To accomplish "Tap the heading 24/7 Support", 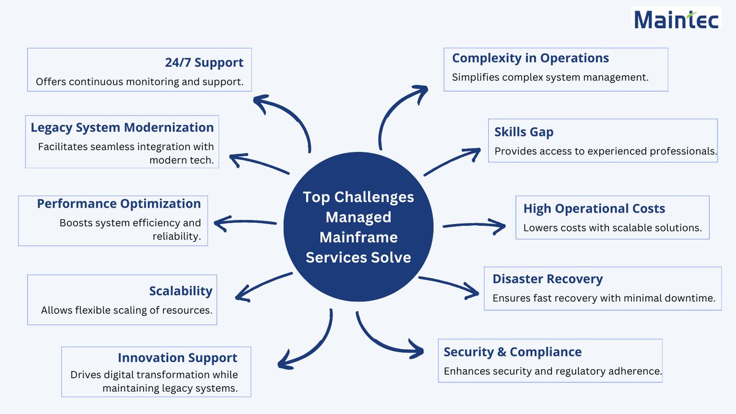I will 204,62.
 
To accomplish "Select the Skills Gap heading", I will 524,132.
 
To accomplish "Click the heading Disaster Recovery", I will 547,279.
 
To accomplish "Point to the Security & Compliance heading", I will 512,352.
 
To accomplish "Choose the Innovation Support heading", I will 177,358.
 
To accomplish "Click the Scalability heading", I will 180,291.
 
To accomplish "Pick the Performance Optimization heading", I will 119,203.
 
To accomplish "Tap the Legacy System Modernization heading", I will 122,127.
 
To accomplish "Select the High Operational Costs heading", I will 594,208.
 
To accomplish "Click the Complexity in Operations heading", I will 530,58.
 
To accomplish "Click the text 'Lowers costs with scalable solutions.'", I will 612,228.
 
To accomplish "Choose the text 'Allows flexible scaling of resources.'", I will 126,310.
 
